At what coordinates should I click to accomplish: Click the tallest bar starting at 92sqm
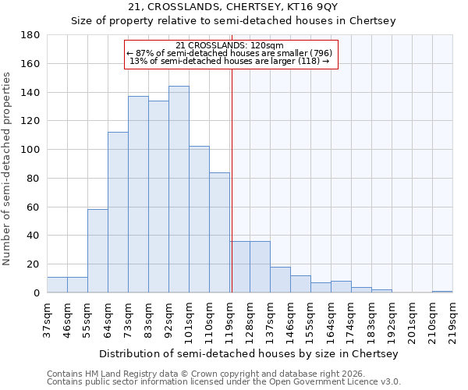(x=179, y=190)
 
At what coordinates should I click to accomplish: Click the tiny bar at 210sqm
(x=442, y=292)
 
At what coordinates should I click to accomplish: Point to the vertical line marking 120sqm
(x=232, y=179)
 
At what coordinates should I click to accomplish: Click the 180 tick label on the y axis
(x=30, y=35)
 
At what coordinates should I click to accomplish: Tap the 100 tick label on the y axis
(x=30, y=150)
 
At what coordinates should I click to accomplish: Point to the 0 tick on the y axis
(x=36, y=293)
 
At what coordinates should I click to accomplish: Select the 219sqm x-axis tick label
(x=452, y=320)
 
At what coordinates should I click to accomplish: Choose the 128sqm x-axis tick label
(x=250, y=320)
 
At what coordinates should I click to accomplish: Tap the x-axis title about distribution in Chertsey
(x=249, y=353)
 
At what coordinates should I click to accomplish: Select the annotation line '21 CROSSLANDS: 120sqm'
(x=230, y=46)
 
